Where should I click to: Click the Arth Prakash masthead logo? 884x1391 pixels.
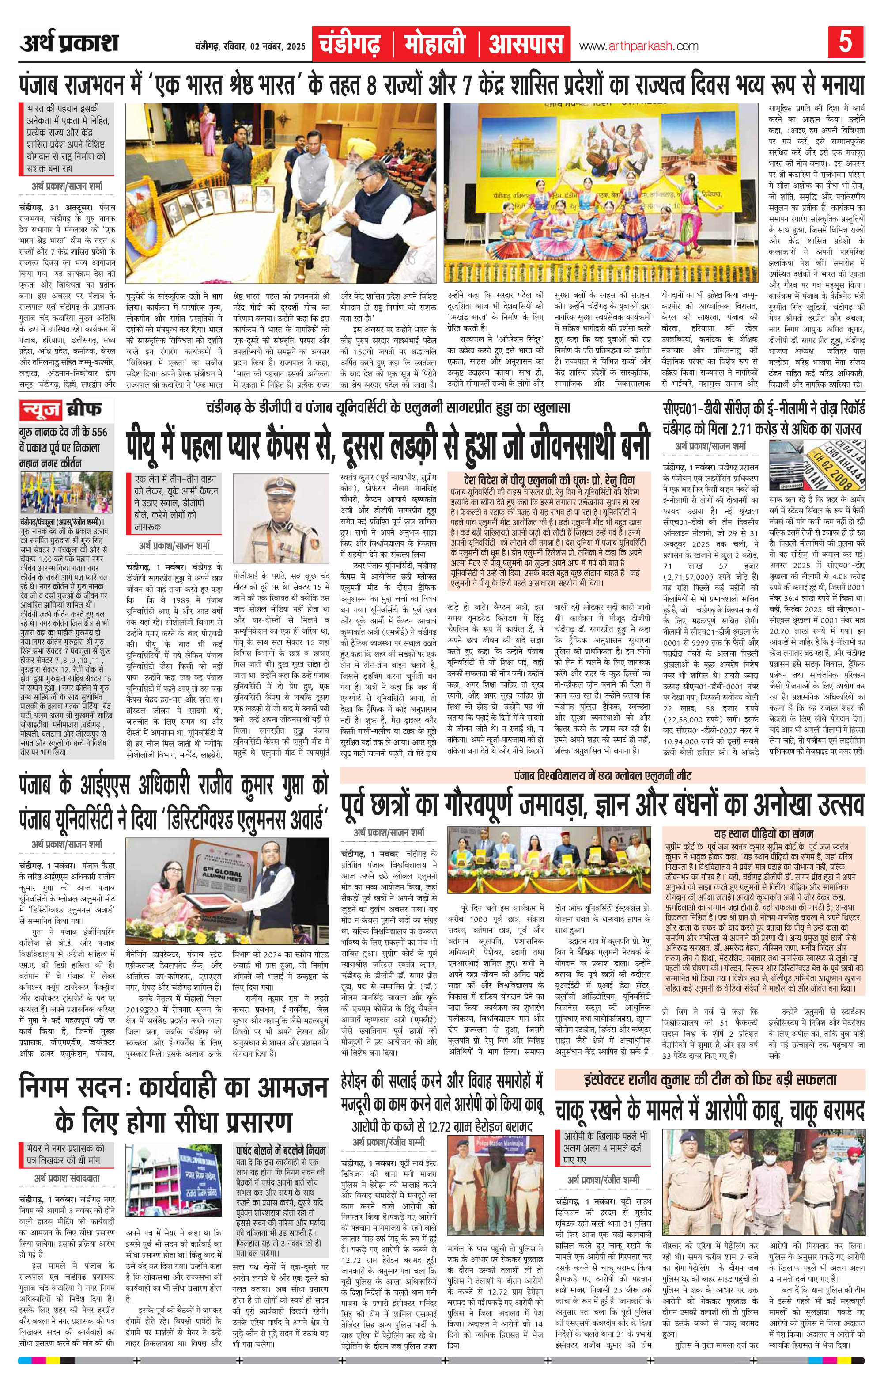pos(69,43)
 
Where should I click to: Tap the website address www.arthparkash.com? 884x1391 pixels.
pos(638,46)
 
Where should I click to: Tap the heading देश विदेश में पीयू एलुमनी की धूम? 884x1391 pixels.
pos(557,479)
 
